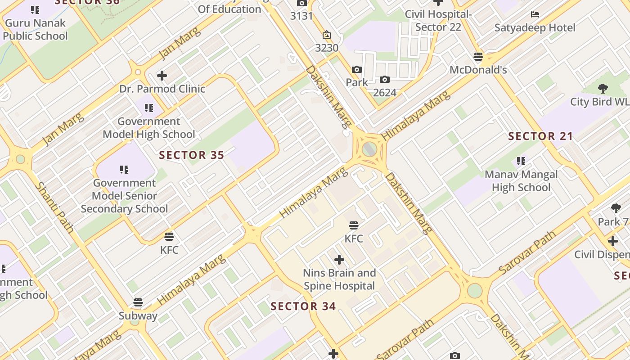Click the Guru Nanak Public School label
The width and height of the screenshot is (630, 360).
coord(35,29)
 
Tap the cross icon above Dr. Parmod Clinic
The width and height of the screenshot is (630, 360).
coord(162,76)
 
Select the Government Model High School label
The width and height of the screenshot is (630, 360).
coord(149,128)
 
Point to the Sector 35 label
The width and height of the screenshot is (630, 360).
coord(192,155)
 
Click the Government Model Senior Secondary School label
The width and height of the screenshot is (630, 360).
coord(124,196)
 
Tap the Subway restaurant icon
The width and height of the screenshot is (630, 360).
coord(138,302)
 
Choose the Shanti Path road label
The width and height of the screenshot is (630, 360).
coord(54,207)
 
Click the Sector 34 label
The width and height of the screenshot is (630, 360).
coord(303,306)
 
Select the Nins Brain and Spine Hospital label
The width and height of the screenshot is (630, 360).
coord(339,279)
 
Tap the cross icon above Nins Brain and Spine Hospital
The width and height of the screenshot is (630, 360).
coord(339,260)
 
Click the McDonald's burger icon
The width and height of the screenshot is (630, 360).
coord(478,57)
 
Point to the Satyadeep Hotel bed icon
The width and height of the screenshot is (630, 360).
coord(535,14)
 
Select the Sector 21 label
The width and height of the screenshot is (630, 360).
coord(540,136)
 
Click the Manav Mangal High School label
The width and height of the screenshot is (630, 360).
coord(521,181)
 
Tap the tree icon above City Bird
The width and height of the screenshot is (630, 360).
coord(603,89)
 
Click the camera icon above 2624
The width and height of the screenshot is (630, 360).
coord(385,80)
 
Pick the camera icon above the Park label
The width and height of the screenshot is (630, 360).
coord(357,69)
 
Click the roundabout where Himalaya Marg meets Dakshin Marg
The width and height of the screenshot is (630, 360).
coord(369,149)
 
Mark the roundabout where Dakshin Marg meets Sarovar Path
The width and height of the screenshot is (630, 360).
coord(475,290)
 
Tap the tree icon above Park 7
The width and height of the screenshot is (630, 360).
coord(616,208)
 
